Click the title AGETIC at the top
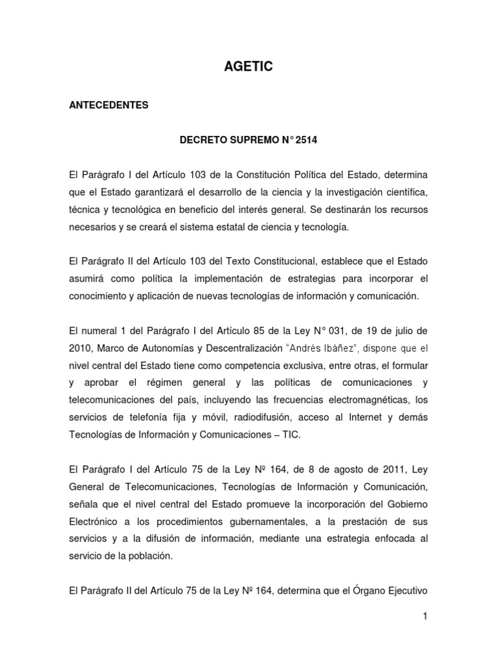pos(248,65)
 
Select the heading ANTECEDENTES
pos(108,105)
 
